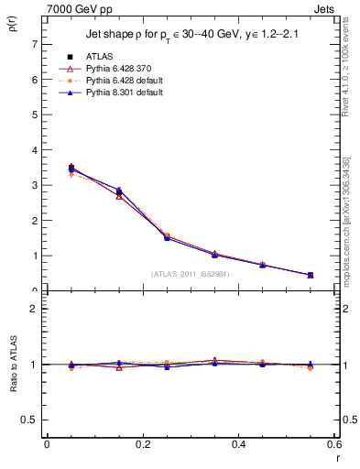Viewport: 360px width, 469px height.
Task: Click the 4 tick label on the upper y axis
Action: (34, 150)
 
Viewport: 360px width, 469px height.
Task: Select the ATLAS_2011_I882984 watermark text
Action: (191, 273)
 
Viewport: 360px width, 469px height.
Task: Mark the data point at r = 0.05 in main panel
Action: (46, 168)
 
